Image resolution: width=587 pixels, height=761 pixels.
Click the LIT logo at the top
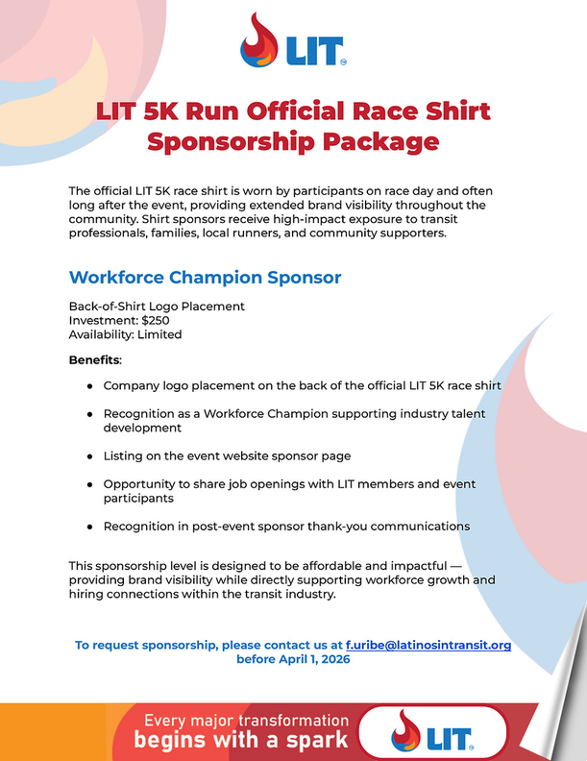pyautogui.click(x=293, y=40)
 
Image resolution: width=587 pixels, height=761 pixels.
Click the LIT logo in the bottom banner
pyautogui.click(x=432, y=737)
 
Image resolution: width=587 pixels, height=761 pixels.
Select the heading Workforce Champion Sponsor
pyautogui.click(x=205, y=278)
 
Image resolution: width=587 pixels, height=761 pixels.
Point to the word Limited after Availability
pyautogui.click(x=159, y=334)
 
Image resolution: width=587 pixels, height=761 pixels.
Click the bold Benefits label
pyautogui.click(x=94, y=359)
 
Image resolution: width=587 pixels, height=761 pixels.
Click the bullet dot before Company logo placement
pyautogui.click(x=89, y=385)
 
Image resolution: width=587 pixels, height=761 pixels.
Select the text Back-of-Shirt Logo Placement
pyautogui.click(x=157, y=306)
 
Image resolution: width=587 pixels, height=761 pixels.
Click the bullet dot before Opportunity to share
pyautogui.click(x=89, y=484)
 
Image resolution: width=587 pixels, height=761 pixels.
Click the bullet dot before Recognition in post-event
pyautogui.click(x=89, y=527)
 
